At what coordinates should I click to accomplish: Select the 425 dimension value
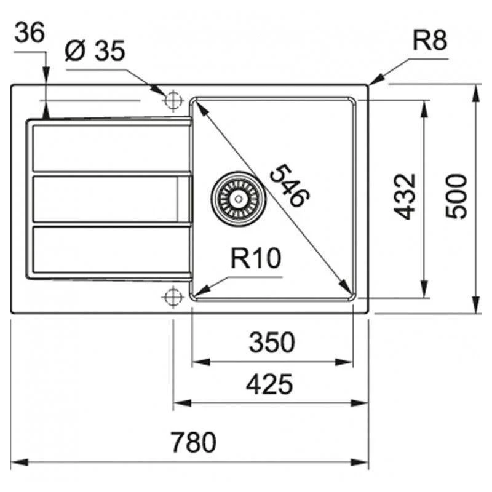[x=269, y=385]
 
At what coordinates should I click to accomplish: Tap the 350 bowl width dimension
[x=272, y=343]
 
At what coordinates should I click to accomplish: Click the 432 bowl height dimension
[x=405, y=196]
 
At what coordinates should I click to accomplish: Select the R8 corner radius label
[x=429, y=41]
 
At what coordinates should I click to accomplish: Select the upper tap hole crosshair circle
[x=173, y=99]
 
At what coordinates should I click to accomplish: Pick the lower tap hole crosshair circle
[x=173, y=296]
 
